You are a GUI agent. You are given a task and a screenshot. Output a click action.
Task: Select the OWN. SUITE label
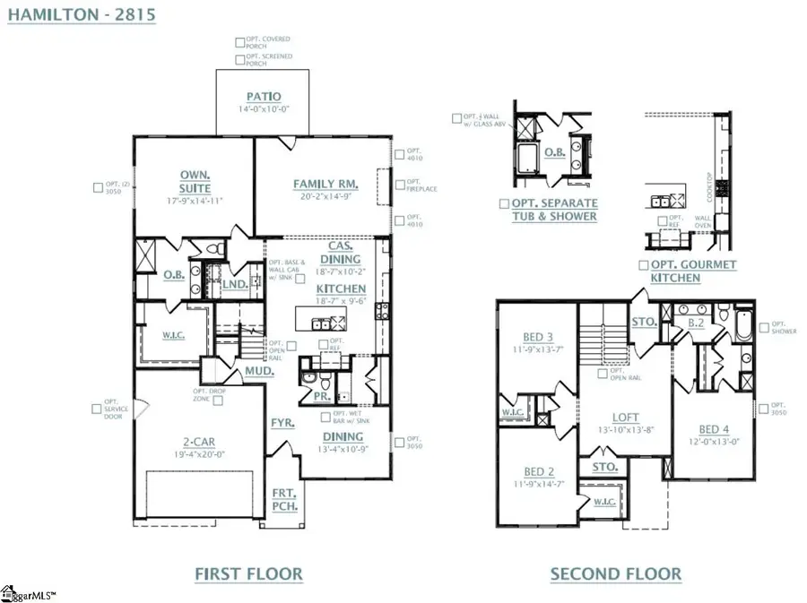click(195, 182)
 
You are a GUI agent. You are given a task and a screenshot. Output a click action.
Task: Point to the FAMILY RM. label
click(325, 185)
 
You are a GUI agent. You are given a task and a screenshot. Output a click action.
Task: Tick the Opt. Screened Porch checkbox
click(239, 60)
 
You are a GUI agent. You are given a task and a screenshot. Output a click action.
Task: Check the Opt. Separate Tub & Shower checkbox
click(504, 204)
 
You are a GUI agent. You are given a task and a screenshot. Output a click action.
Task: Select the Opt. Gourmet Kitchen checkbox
click(643, 265)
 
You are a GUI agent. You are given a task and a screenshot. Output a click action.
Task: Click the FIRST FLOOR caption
click(249, 574)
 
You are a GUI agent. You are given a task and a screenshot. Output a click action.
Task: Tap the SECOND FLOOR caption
click(615, 574)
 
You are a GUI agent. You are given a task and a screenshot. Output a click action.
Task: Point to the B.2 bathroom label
click(694, 321)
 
